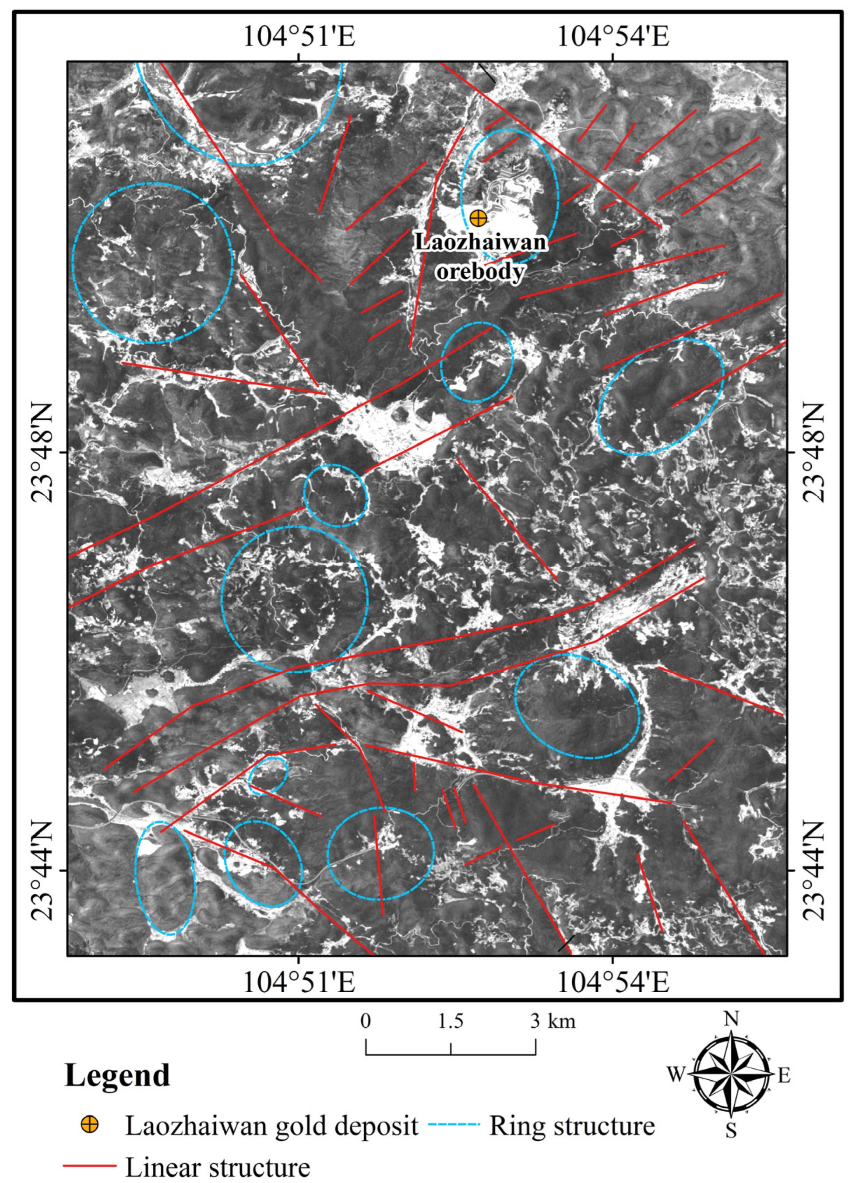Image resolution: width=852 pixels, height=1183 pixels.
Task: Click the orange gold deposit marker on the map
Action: tap(477, 218)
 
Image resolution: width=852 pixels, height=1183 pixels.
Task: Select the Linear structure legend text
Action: tap(218, 1164)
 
